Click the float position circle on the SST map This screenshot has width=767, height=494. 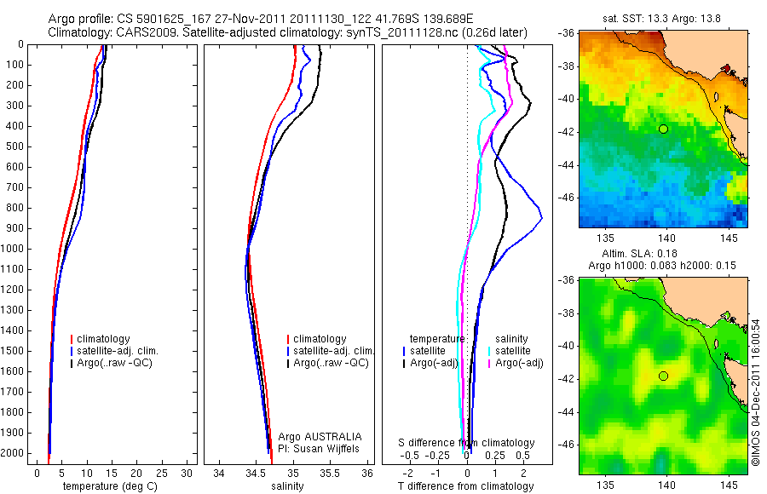pos(663,129)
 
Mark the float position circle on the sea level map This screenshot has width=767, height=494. pos(663,376)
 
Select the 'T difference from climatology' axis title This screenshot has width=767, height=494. pos(465,486)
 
